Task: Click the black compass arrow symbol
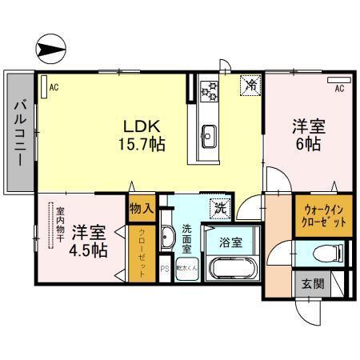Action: point(50,50)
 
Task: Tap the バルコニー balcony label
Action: point(19,131)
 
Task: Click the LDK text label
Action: point(142,126)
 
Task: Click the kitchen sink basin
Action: point(210,134)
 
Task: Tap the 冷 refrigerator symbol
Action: point(250,83)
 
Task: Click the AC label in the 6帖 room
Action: point(339,88)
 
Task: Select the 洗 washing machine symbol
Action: point(218,207)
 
